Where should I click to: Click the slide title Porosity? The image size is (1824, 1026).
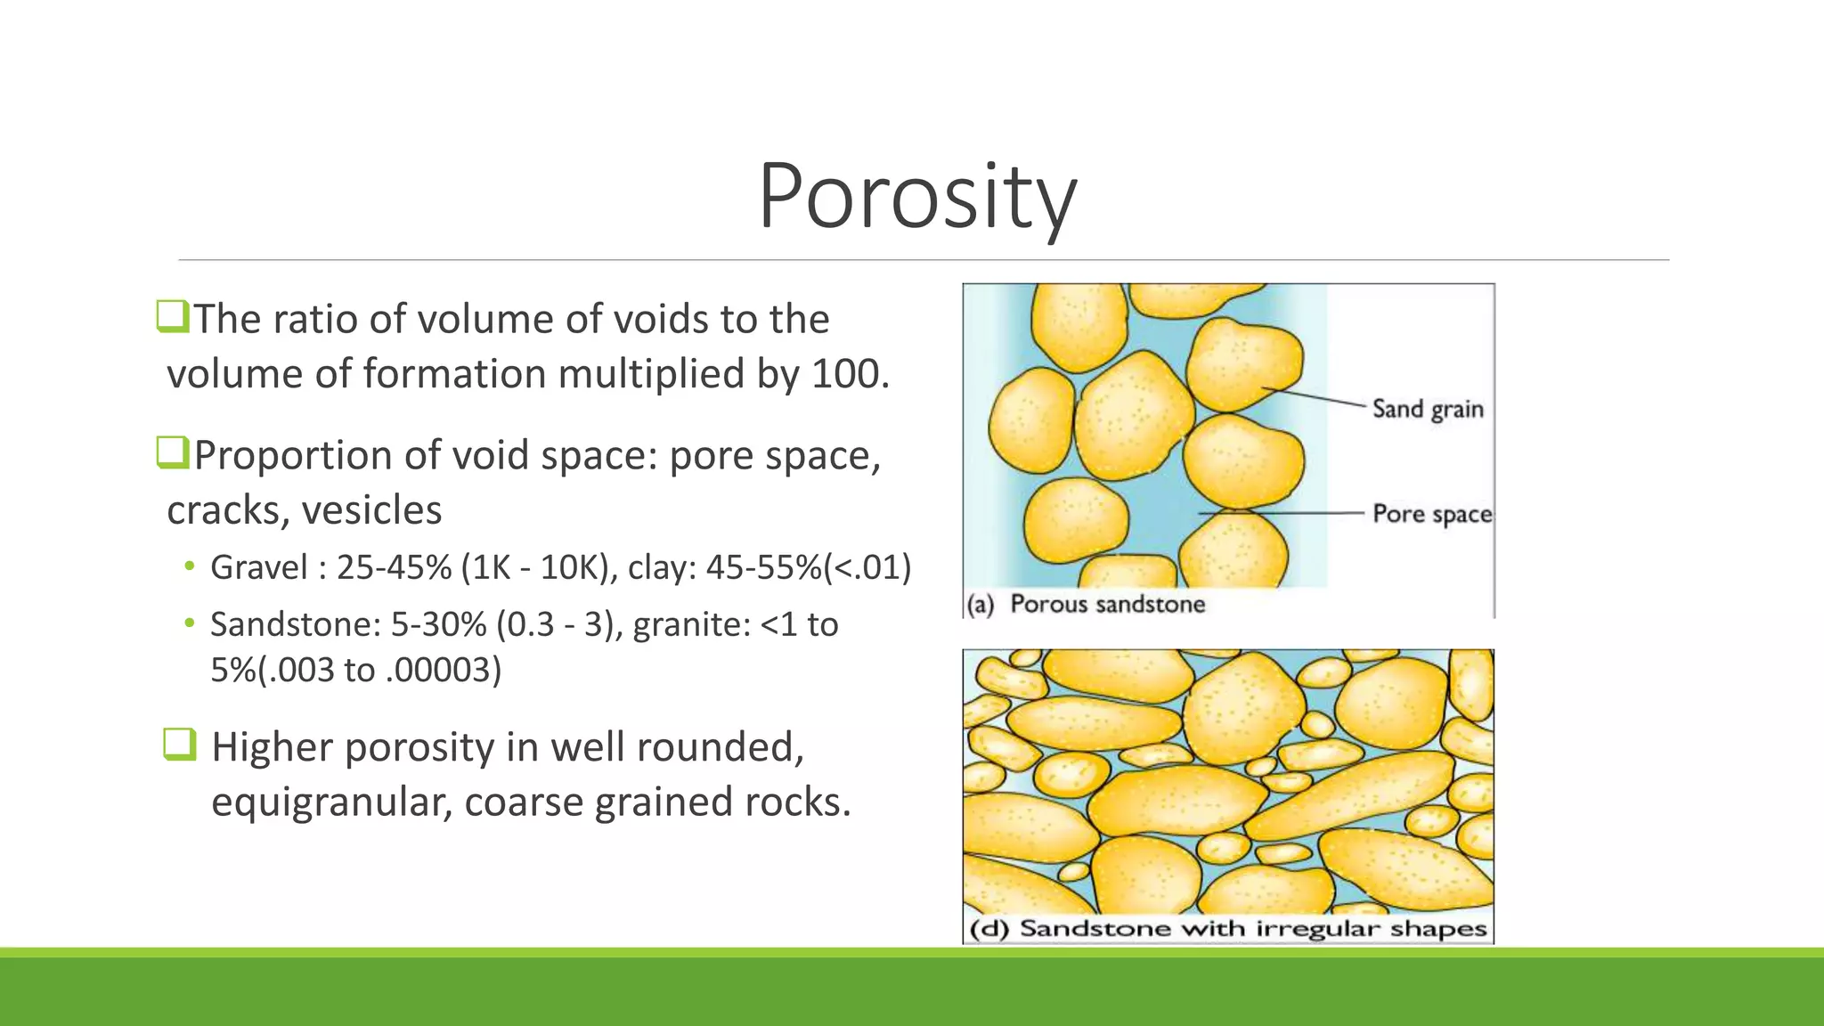coord(916,196)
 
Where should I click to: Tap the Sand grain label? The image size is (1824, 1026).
coord(1428,409)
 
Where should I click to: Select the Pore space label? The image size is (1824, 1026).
coord(1431,514)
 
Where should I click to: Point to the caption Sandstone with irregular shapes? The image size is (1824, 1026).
coord(1252,929)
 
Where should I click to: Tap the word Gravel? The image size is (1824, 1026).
coord(258,568)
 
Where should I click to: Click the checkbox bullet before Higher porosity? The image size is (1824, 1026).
coord(179,745)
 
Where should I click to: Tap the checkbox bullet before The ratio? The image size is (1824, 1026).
coord(173,316)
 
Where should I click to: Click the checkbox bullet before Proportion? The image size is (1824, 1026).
coord(173,452)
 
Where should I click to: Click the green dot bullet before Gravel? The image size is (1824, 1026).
coord(189,567)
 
